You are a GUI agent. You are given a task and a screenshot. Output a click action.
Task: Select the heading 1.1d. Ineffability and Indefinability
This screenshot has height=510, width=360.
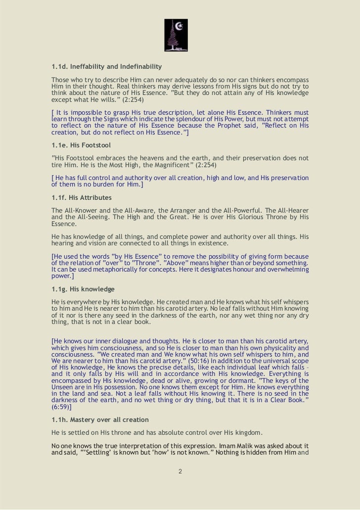pos(107,67)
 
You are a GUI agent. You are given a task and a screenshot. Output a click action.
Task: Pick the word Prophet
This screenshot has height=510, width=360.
pos(232,126)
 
